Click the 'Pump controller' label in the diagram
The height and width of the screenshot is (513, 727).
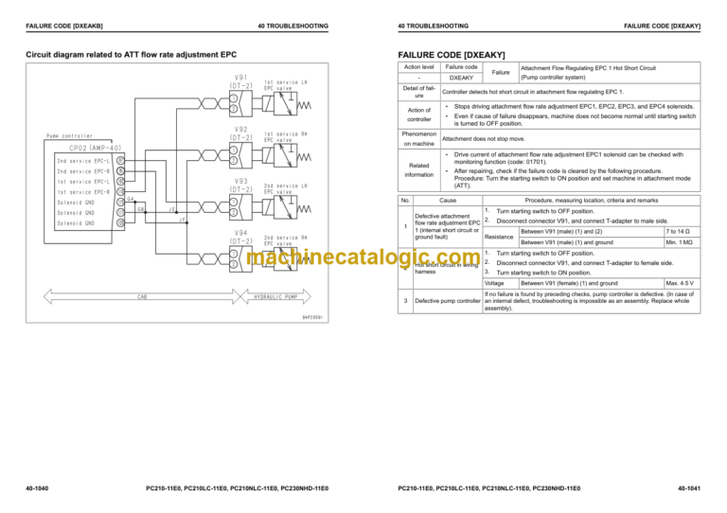pyautogui.click(x=69, y=136)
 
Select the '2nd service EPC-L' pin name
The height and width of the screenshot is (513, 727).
pyautogui.click(x=82, y=161)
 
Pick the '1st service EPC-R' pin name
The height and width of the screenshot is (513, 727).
pyautogui.click(x=82, y=192)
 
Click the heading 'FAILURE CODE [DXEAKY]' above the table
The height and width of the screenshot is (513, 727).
pyautogui.click(x=453, y=55)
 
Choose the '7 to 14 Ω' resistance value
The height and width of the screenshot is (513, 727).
pyautogui.click(x=678, y=232)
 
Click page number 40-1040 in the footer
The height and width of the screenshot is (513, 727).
pyautogui.click(x=39, y=488)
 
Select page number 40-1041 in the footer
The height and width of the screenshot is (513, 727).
pyautogui.click(x=688, y=488)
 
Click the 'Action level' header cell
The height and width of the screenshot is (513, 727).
pyautogui.click(x=417, y=68)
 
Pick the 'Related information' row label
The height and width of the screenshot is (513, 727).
pyautogui.click(x=417, y=168)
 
